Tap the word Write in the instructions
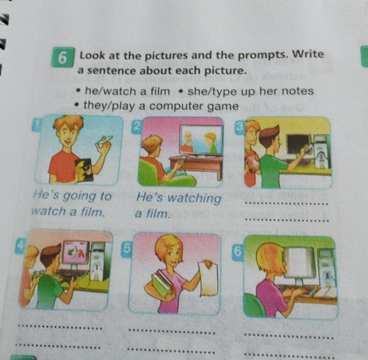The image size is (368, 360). pyautogui.click(x=309, y=54)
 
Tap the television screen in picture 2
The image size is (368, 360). pyautogui.click(x=201, y=140)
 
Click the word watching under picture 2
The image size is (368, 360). pyautogui.click(x=195, y=199)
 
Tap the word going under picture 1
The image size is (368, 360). pyautogui.click(x=79, y=197)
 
